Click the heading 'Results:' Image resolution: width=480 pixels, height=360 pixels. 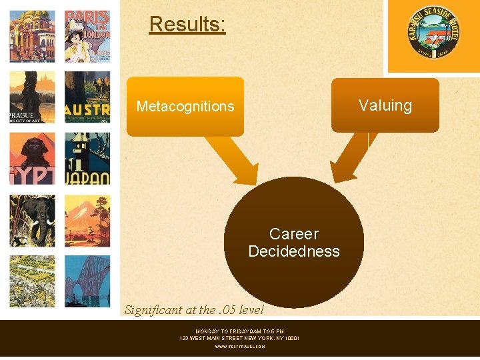187,25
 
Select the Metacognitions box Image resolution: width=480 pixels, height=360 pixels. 185,107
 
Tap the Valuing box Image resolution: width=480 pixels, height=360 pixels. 385,105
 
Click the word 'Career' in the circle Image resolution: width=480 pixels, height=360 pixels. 293,234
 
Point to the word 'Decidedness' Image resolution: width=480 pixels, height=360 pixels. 293,251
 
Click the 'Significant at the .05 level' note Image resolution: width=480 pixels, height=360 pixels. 194,309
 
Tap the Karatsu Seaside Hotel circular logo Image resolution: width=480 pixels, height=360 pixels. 433,34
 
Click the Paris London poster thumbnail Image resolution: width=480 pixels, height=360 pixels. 87,35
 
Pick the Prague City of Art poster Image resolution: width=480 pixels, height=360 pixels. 32,97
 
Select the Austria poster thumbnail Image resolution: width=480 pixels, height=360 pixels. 87,97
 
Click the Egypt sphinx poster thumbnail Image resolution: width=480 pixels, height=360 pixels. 32,158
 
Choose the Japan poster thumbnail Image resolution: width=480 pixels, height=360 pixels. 87,158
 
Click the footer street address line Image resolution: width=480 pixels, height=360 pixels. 239,338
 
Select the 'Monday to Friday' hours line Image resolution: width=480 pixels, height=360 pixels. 239,331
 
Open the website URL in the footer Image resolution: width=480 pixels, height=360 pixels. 239,347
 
